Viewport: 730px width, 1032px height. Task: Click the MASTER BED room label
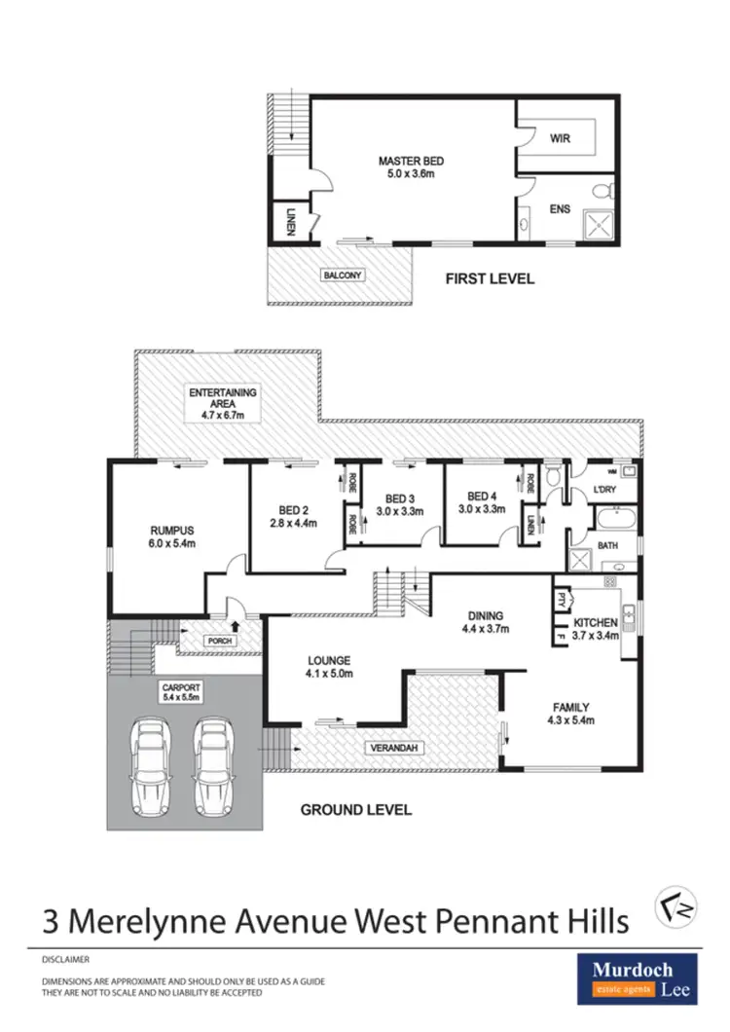tap(408, 163)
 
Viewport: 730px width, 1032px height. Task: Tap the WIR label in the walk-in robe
tap(559, 138)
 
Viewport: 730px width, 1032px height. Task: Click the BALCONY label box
tap(342, 276)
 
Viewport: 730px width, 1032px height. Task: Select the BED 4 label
tap(483, 497)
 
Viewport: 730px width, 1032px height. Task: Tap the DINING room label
tap(485, 615)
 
